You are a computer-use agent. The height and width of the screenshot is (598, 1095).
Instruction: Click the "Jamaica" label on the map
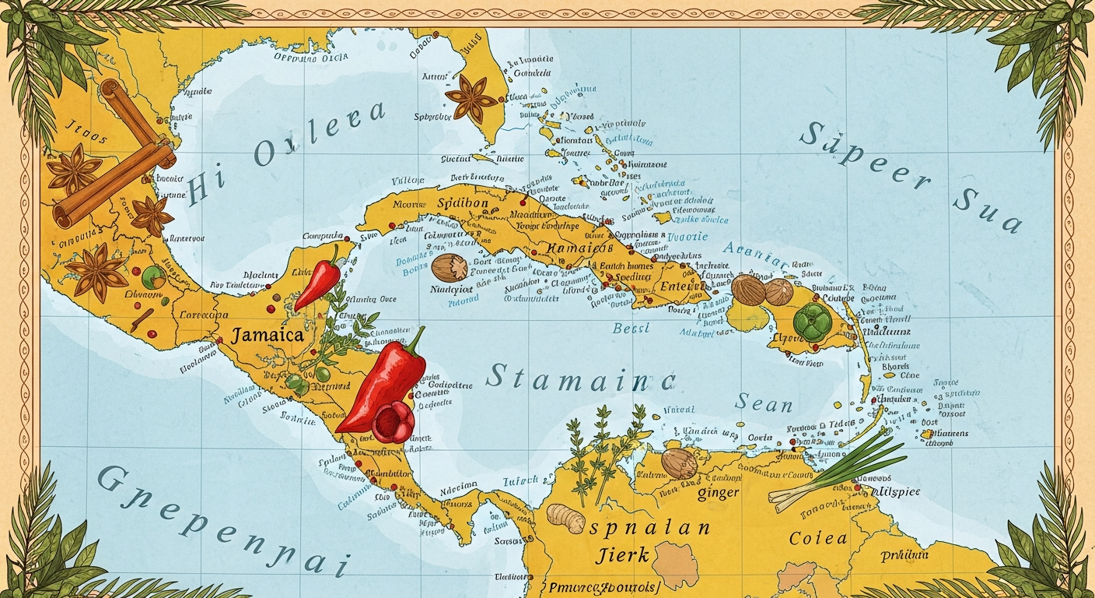click(x=266, y=336)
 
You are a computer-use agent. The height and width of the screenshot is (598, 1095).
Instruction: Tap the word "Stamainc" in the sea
click(x=580, y=378)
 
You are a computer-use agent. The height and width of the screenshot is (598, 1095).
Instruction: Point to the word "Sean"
click(x=764, y=403)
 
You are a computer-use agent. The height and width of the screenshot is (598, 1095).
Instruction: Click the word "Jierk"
click(x=622, y=555)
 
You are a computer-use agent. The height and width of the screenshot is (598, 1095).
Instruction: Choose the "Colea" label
click(x=817, y=539)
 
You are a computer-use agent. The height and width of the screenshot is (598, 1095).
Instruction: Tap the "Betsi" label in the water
click(x=632, y=329)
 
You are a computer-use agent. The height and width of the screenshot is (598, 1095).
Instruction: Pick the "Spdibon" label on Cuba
click(x=464, y=203)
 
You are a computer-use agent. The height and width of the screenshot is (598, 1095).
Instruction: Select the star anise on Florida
click(x=471, y=99)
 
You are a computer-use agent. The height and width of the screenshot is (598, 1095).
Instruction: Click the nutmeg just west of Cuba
click(x=450, y=267)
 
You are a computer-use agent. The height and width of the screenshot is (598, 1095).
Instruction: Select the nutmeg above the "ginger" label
click(x=678, y=463)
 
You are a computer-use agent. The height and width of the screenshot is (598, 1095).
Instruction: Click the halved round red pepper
click(x=393, y=423)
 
